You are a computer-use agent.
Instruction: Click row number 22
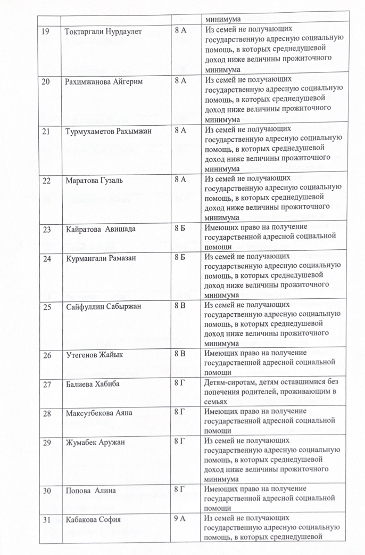tap(46, 180)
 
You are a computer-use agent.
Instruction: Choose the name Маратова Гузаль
tap(94, 180)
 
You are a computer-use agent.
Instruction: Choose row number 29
tap(46, 442)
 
